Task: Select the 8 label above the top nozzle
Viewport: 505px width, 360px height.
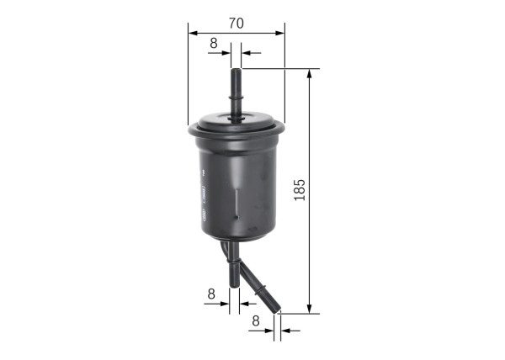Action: pos(214,42)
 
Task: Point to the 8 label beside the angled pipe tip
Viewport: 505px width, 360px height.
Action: pos(255,320)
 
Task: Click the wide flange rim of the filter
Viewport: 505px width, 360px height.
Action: pos(236,130)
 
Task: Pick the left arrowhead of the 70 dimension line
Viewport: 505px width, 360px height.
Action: pos(191,33)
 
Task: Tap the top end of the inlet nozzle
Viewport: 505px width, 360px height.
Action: pos(236,71)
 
